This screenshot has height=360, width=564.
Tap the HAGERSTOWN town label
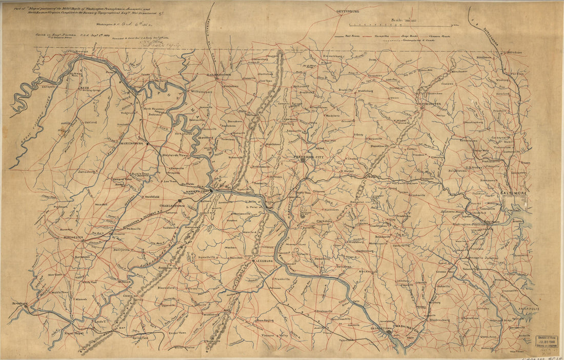(219, 74)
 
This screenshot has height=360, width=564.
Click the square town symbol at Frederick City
(304, 161)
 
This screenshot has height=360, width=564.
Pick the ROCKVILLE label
(368, 271)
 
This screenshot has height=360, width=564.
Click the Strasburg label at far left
(18, 304)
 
